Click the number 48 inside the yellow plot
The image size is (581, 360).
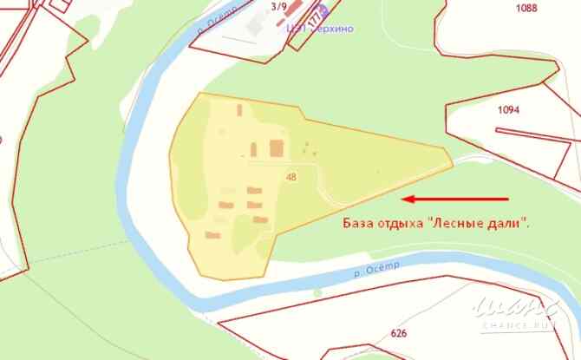pyautogui.click(x=290, y=177)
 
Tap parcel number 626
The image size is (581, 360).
pyautogui.click(x=399, y=333)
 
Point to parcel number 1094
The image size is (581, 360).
pyautogui.click(x=508, y=110)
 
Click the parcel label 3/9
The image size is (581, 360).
pyautogui.click(x=279, y=6)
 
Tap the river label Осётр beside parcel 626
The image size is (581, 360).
pyautogui.click(x=376, y=270)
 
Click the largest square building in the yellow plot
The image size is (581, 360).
pyautogui.click(x=277, y=148)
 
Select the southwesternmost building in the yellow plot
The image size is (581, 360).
pyautogui.click(x=212, y=234)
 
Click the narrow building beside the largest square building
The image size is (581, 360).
pyautogui.click(x=255, y=149)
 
